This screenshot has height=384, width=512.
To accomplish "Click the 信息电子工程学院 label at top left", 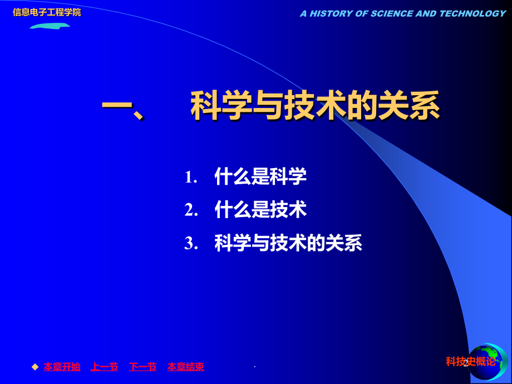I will (x=47, y=12).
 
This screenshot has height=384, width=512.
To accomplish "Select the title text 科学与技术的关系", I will (x=315, y=105).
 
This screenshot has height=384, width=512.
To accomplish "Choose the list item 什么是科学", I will (x=260, y=177).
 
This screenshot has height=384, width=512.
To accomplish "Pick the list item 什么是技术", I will (x=260, y=210).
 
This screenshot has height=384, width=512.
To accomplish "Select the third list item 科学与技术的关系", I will (x=288, y=243).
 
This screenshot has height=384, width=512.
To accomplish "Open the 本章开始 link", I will (x=62, y=367).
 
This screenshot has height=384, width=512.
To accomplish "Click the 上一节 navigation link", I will (x=104, y=367).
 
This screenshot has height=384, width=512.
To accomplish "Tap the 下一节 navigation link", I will (x=142, y=367).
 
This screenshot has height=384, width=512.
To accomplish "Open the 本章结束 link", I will (x=186, y=367).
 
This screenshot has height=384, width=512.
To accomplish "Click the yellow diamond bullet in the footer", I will (x=35, y=366).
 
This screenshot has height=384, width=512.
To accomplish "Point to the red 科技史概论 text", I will (x=470, y=362).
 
